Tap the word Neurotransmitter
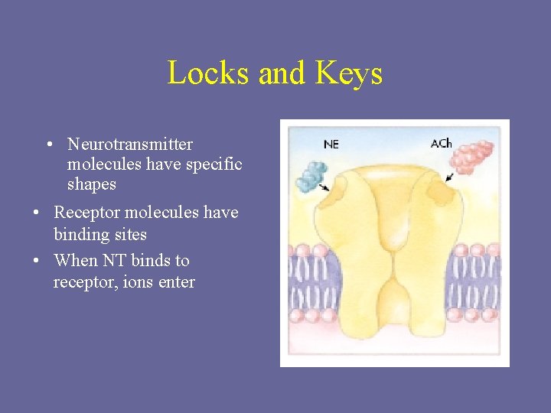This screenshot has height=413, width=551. pos(130,144)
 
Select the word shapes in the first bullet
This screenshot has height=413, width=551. pos(92,184)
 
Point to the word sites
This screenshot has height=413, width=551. pos(129,234)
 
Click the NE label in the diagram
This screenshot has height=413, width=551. pos(331,144)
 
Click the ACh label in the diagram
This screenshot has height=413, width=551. pos(441,143)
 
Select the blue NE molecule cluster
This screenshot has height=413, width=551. pos(312,175)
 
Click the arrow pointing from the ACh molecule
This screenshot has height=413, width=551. pos(448,178)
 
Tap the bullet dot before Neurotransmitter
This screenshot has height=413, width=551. pos(48,144)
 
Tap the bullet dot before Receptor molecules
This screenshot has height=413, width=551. pos(36,213)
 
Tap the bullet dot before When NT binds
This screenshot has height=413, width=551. pos(36,261)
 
